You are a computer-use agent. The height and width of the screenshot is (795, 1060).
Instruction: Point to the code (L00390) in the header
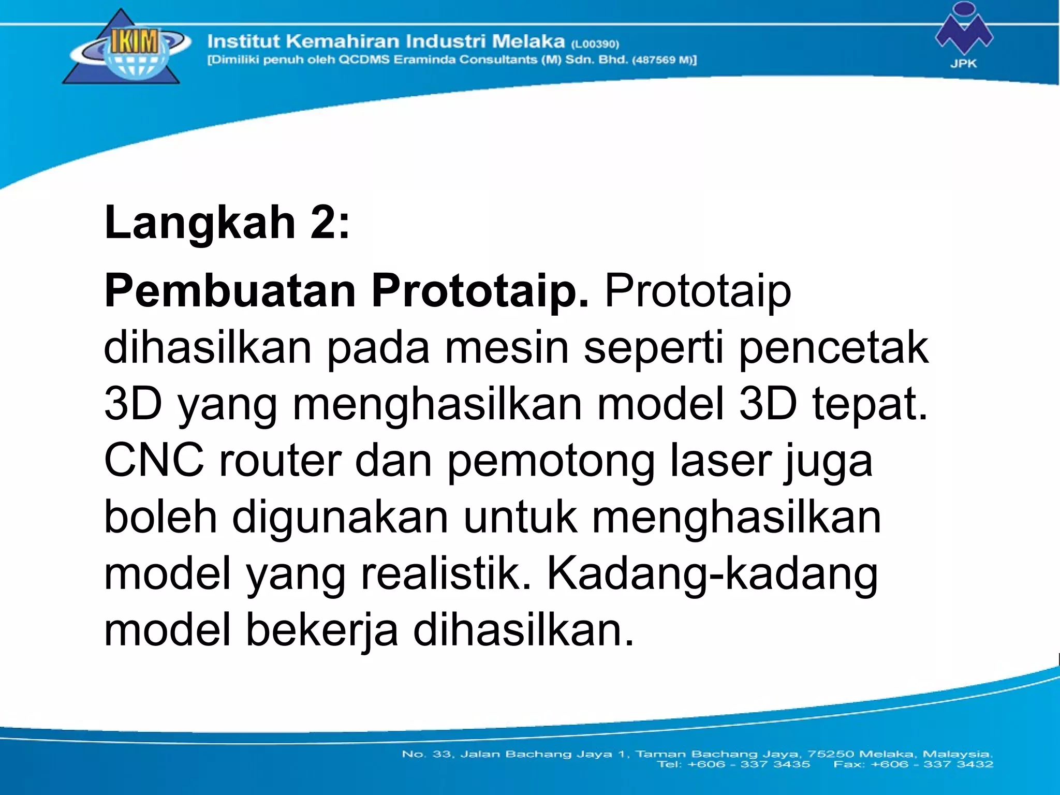[x=595, y=44]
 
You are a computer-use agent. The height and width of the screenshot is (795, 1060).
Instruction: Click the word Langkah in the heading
[x=199, y=223]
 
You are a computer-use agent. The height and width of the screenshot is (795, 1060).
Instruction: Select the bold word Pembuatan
[x=230, y=290]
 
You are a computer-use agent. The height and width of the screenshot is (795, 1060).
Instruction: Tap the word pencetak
[x=834, y=347]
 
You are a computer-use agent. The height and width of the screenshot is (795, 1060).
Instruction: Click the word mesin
[x=506, y=347]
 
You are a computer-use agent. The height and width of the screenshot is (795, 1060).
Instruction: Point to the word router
[x=279, y=460]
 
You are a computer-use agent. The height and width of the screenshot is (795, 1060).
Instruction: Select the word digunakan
[x=340, y=518]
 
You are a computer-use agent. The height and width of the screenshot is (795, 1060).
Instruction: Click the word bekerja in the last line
[x=321, y=631]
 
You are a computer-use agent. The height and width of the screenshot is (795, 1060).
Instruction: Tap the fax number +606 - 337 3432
[x=932, y=764]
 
